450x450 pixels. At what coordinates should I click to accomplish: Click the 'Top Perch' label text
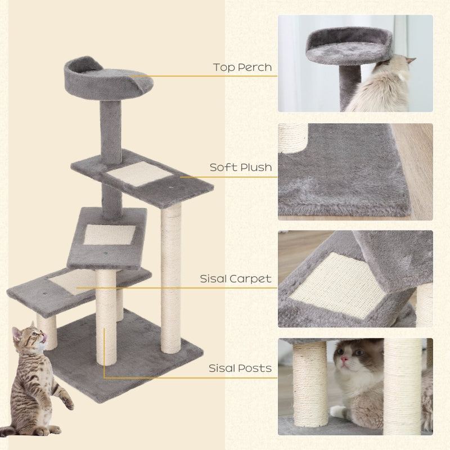242,68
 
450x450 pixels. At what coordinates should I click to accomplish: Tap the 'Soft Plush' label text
241,167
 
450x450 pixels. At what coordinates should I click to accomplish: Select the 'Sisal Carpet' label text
236,278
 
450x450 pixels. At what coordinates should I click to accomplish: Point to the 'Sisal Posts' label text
240,368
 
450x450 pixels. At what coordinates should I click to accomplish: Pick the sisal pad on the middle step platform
109,235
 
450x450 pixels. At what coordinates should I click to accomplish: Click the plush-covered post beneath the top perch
111,127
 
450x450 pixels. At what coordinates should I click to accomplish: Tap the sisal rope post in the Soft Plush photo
293,137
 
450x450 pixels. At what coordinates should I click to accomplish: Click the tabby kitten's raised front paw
67,403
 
